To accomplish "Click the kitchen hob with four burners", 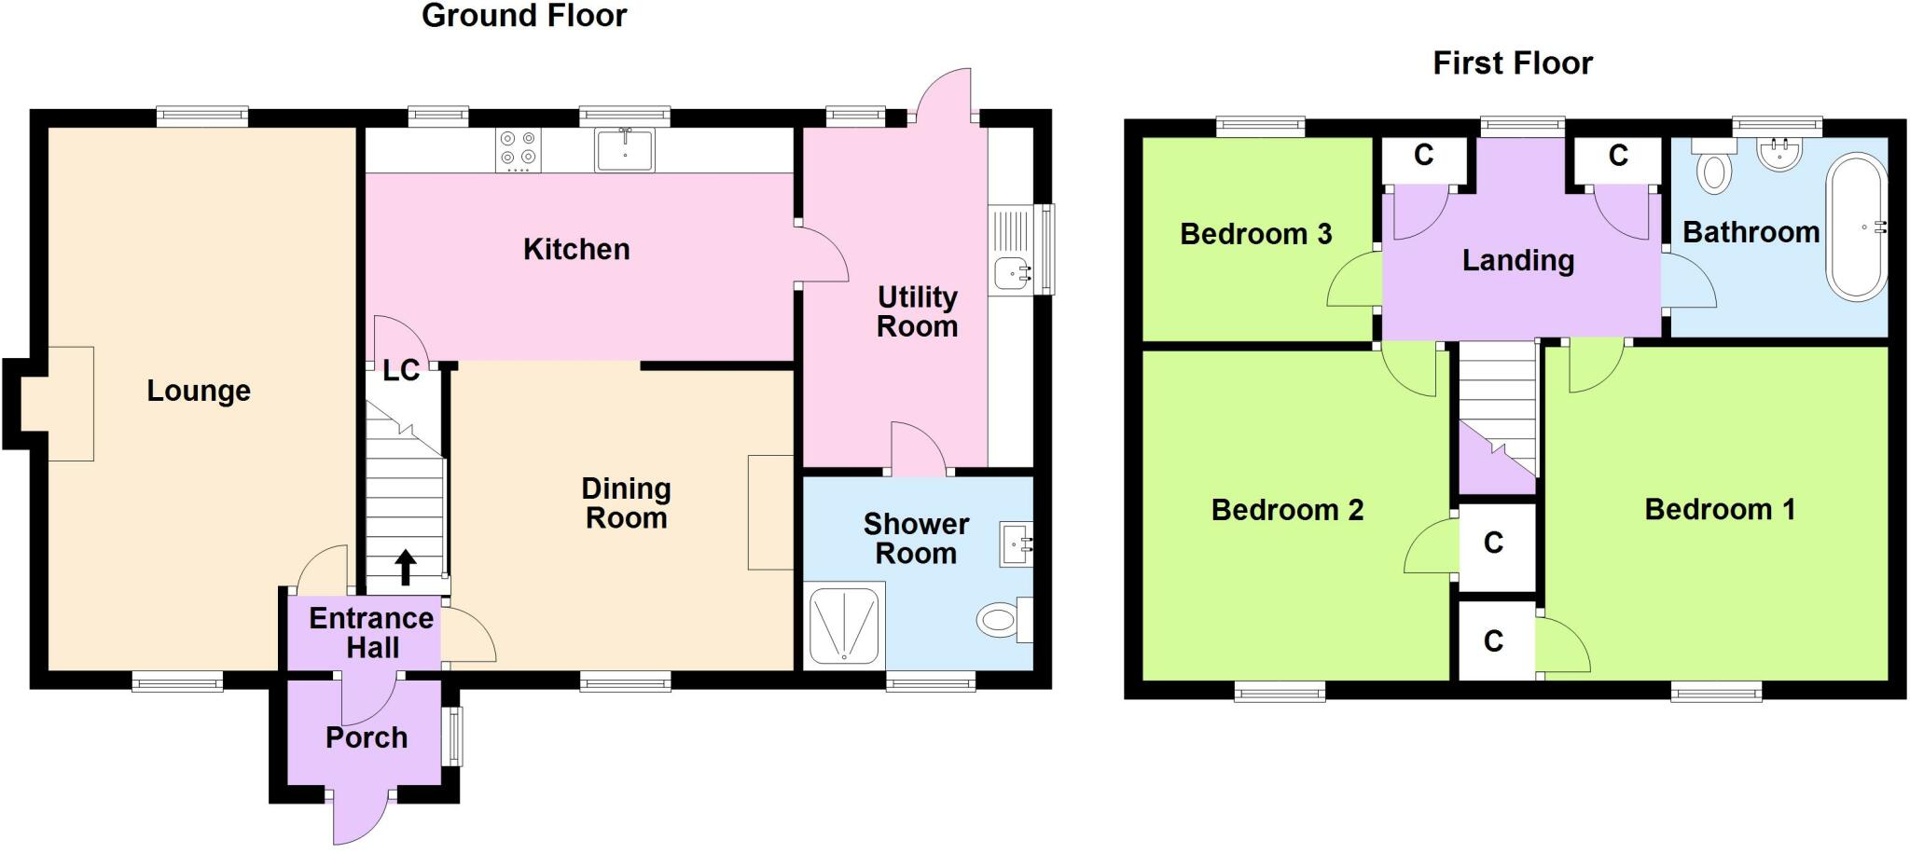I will click(x=519, y=149).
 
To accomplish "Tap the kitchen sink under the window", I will click(x=625, y=149).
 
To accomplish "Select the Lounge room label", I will click(x=199, y=391).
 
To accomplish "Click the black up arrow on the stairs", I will click(x=406, y=567).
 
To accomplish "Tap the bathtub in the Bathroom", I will click(x=1857, y=227).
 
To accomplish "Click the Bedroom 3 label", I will click(x=1255, y=234).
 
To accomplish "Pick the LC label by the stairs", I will click(x=401, y=371).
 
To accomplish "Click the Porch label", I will click(x=367, y=738).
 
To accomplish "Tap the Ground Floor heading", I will click(x=524, y=16).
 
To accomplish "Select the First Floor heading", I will click(x=1512, y=63).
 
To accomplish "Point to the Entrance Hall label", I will click(x=371, y=633).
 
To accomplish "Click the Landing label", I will click(x=1517, y=261).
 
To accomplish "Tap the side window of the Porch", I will click(x=456, y=736).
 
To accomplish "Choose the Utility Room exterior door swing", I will click(x=944, y=97).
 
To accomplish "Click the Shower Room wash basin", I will click(x=1015, y=543).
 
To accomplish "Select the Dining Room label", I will click(x=626, y=503).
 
